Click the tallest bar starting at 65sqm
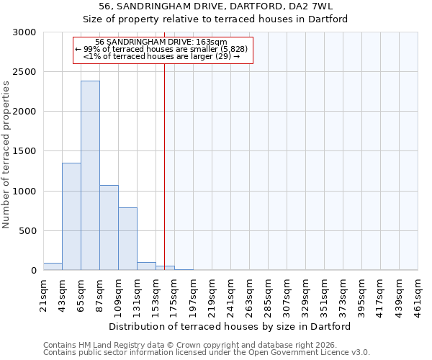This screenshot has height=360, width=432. pyautogui.click(x=90, y=176)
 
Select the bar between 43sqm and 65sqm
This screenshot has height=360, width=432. pyautogui.click(x=71, y=217)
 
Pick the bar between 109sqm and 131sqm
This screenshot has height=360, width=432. pyautogui.click(x=127, y=239)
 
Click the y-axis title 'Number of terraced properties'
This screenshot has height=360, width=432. pyautogui.click(x=6, y=155)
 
